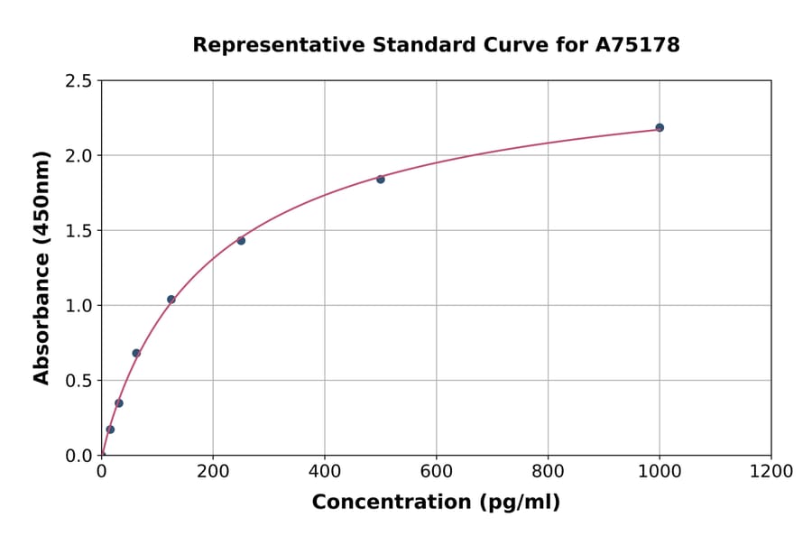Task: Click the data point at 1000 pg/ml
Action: (x=660, y=127)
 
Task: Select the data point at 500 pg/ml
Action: (x=381, y=179)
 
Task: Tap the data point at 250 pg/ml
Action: (x=241, y=240)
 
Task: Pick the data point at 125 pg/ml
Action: (x=171, y=299)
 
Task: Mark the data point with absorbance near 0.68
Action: (x=136, y=353)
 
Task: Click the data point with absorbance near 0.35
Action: (x=119, y=403)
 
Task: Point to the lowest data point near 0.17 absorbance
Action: (x=110, y=430)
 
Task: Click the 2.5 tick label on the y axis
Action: (x=78, y=81)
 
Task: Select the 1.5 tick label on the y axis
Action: (x=78, y=231)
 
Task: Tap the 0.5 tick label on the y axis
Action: (x=78, y=381)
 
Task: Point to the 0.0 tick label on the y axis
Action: (x=78, y=456)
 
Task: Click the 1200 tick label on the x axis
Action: (x=770, y=472)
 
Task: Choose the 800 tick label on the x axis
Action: (x=548, y=472)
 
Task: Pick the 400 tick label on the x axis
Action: (x=325, y=472)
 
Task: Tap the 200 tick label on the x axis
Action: (x=213, y=472)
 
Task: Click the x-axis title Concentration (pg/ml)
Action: (x=436, y=503)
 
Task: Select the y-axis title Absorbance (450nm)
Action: (x=42, y=267)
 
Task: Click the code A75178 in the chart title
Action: (x=637, y=45)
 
